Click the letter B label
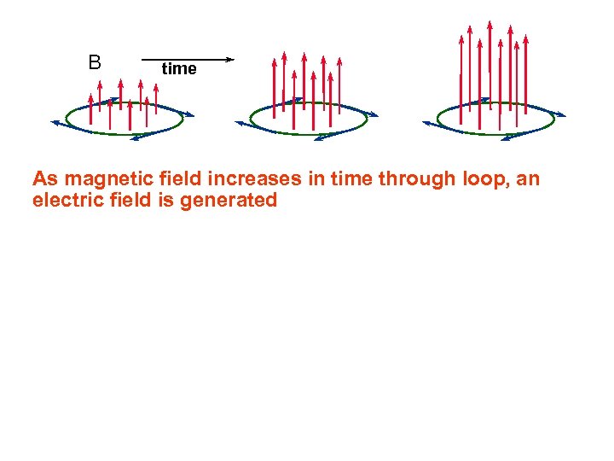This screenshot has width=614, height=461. (x=95, y=62)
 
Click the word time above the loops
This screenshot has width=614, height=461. (x=179, y=69)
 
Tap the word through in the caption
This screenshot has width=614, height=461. (x=412, y=179)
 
